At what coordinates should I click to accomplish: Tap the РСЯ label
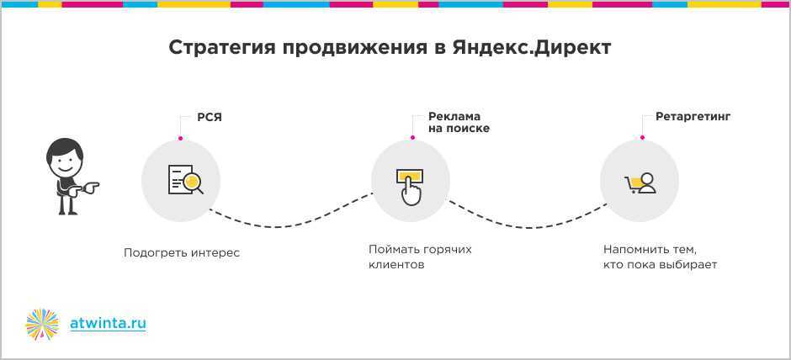pos(210,118)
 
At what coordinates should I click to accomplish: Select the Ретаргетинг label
pos(693,117)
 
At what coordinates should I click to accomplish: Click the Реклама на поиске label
pos(459,123)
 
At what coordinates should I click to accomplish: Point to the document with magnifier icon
pos(186,179)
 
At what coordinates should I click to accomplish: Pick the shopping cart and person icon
pos(640,183)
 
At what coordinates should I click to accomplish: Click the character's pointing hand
pos(90,188)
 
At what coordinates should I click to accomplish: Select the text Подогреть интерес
pos(182,253)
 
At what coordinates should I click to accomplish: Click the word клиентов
pos(396,265)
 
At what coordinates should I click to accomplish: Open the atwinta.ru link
pos(108,323)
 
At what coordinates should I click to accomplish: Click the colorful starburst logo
pos(42,324)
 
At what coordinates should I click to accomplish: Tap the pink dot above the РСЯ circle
pos(180,138)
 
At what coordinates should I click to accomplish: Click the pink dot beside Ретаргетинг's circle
pos(642,137)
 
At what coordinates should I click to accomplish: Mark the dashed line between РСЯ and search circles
pos(290,225)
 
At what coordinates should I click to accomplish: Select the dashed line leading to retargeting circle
pos(527,227)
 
